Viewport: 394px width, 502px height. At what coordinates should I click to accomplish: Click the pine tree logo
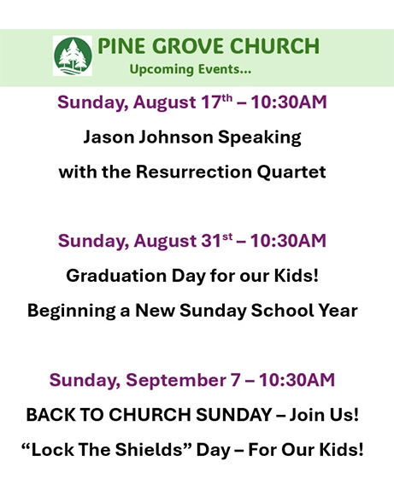pyautogui.click(x=73, y=55)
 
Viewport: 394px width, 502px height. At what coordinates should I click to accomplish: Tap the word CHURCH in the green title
pyautogui.click(x=274, y=46)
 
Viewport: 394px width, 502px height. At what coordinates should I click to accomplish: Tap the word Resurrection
pyautogui.click(x=194, y=172)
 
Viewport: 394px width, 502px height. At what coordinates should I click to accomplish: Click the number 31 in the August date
pyautogui.click(x=211, y=241)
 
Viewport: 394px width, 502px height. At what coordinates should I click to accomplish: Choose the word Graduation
pyautogui.click(x=116, y=276)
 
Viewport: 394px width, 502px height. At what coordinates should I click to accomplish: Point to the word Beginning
pyautogui.click(x=72, y=311)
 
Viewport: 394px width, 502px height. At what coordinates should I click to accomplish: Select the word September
pyautogui.click(x=176, y=380)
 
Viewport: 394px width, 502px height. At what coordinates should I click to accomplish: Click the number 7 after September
pyautogui.click(x=235, y=380)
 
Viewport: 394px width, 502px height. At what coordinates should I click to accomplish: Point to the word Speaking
pyautogui.click(x=260, y=137)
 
